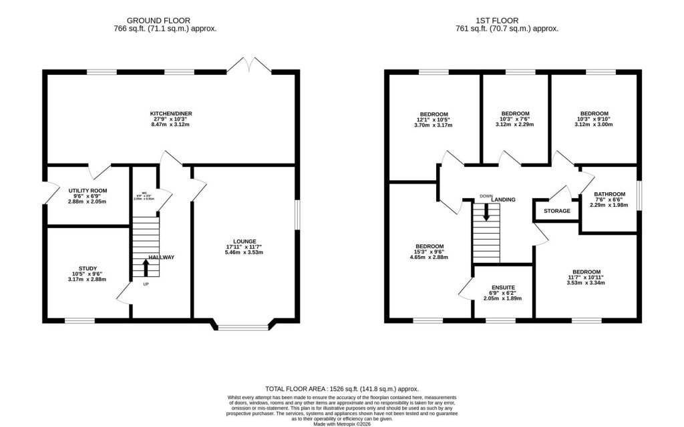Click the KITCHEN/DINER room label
pyautogui.click(x=172, y=115)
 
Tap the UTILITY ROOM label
pyautogui.click(x=87, y=191)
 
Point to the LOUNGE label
pyautogui.click(x=245, y=241)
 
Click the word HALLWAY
pyautogui.click(x=162, y=258)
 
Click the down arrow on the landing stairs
pyautogui.click(x=486, y=211)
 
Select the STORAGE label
pyautogui.click(x=556, y=211)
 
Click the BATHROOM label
pyautogui.click(x=610, y=195)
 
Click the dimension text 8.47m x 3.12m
pyautogui.click(x=172, y=124)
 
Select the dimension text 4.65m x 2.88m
pyautogui.click(x=429, y=257)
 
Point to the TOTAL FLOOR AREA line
pyautogui.click(x=342, y=388)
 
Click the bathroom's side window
pyautogui.click(x=639, y=197)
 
